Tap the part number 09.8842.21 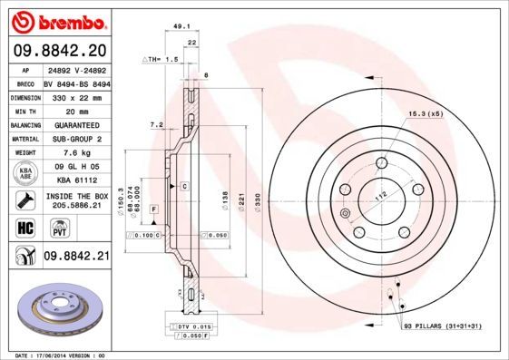pos(76,258)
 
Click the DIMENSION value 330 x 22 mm pos(77,96)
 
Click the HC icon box pos(25,227)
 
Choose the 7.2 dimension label pos(155,124)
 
